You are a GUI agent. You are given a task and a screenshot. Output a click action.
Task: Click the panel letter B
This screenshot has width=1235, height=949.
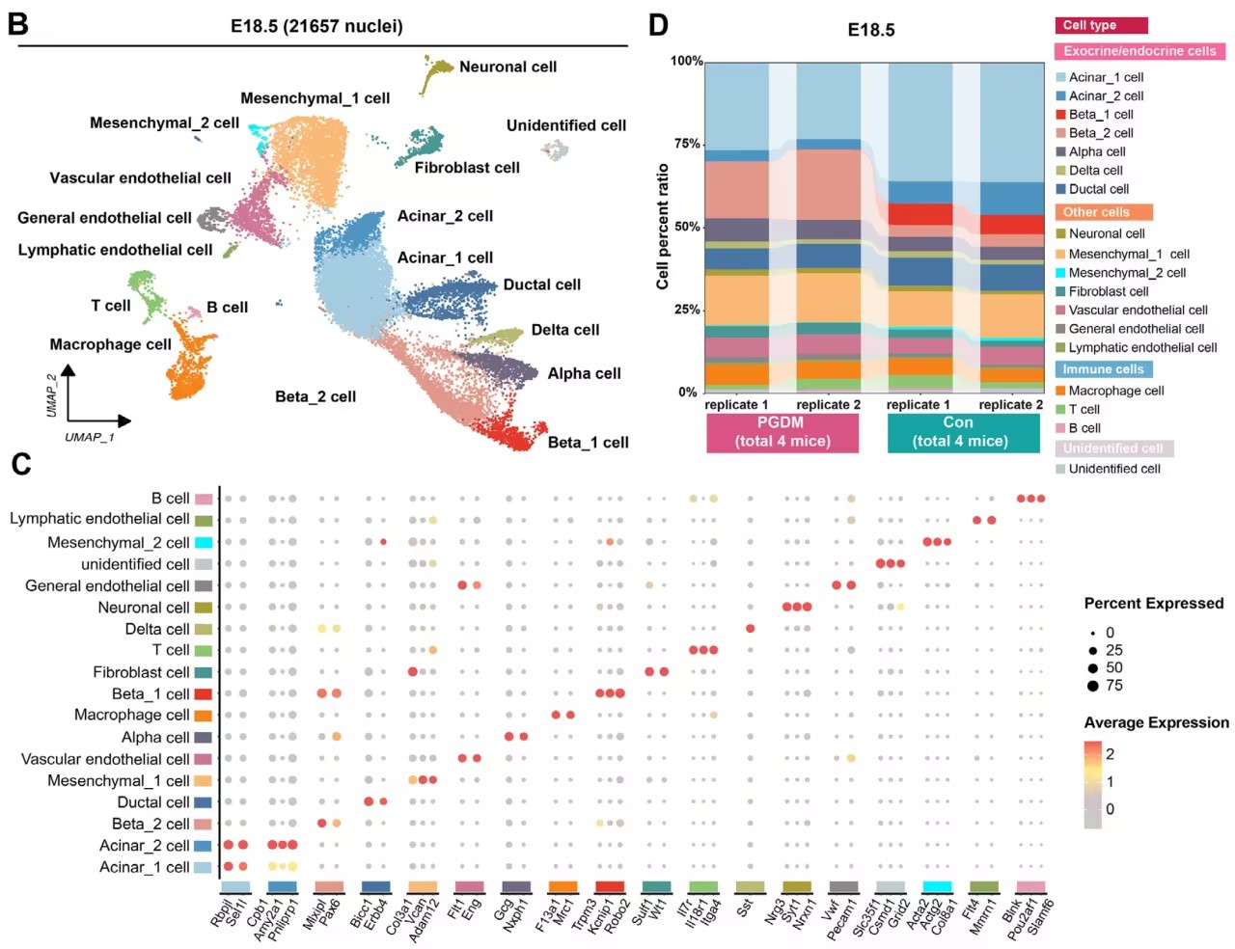(x=17, y=23)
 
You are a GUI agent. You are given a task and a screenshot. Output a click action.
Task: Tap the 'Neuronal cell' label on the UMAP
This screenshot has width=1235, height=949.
(x=508, y=67)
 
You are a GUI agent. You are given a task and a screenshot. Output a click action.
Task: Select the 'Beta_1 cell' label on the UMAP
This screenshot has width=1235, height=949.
(x=588, y=443)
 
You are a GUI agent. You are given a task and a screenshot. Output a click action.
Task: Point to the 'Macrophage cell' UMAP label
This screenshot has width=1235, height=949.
(x=110, y=344)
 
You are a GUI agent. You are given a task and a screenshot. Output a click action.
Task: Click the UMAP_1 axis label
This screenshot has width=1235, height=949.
(x=89, y=437)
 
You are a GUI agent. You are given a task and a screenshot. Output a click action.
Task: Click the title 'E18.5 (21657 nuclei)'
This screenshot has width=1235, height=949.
(x=316, y=26)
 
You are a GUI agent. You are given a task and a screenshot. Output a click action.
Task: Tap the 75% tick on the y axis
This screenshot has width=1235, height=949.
(x=686, y=144)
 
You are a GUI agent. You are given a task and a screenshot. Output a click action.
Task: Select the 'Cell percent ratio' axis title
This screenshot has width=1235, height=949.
(x=663, y=227)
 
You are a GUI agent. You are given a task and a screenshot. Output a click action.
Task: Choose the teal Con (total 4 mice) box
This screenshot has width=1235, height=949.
(x=958, y=432)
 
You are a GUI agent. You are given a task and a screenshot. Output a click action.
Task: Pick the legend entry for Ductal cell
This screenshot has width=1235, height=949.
(x=1098, y=189)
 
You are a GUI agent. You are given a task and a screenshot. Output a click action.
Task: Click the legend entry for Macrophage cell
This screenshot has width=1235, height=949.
(x=1115, y=391)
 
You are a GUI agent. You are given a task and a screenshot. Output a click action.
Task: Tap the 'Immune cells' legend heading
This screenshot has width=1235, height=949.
(x=1103, y=369)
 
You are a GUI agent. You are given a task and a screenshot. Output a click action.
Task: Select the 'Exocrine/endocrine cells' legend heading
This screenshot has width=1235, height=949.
(x=1139, y=51)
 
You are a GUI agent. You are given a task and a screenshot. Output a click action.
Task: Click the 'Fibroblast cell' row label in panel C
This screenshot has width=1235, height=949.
(x=141, y=672)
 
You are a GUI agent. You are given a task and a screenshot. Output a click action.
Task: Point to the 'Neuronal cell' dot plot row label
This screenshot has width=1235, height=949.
(x=143, y=608)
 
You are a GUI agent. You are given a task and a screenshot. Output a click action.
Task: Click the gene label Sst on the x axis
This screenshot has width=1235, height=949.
(x=744, y=908)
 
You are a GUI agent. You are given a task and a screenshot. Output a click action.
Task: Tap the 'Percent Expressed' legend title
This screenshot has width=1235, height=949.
(x=1153, y=604)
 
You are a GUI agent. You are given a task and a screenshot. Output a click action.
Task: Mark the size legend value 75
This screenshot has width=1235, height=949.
(x=1113, y=686)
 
